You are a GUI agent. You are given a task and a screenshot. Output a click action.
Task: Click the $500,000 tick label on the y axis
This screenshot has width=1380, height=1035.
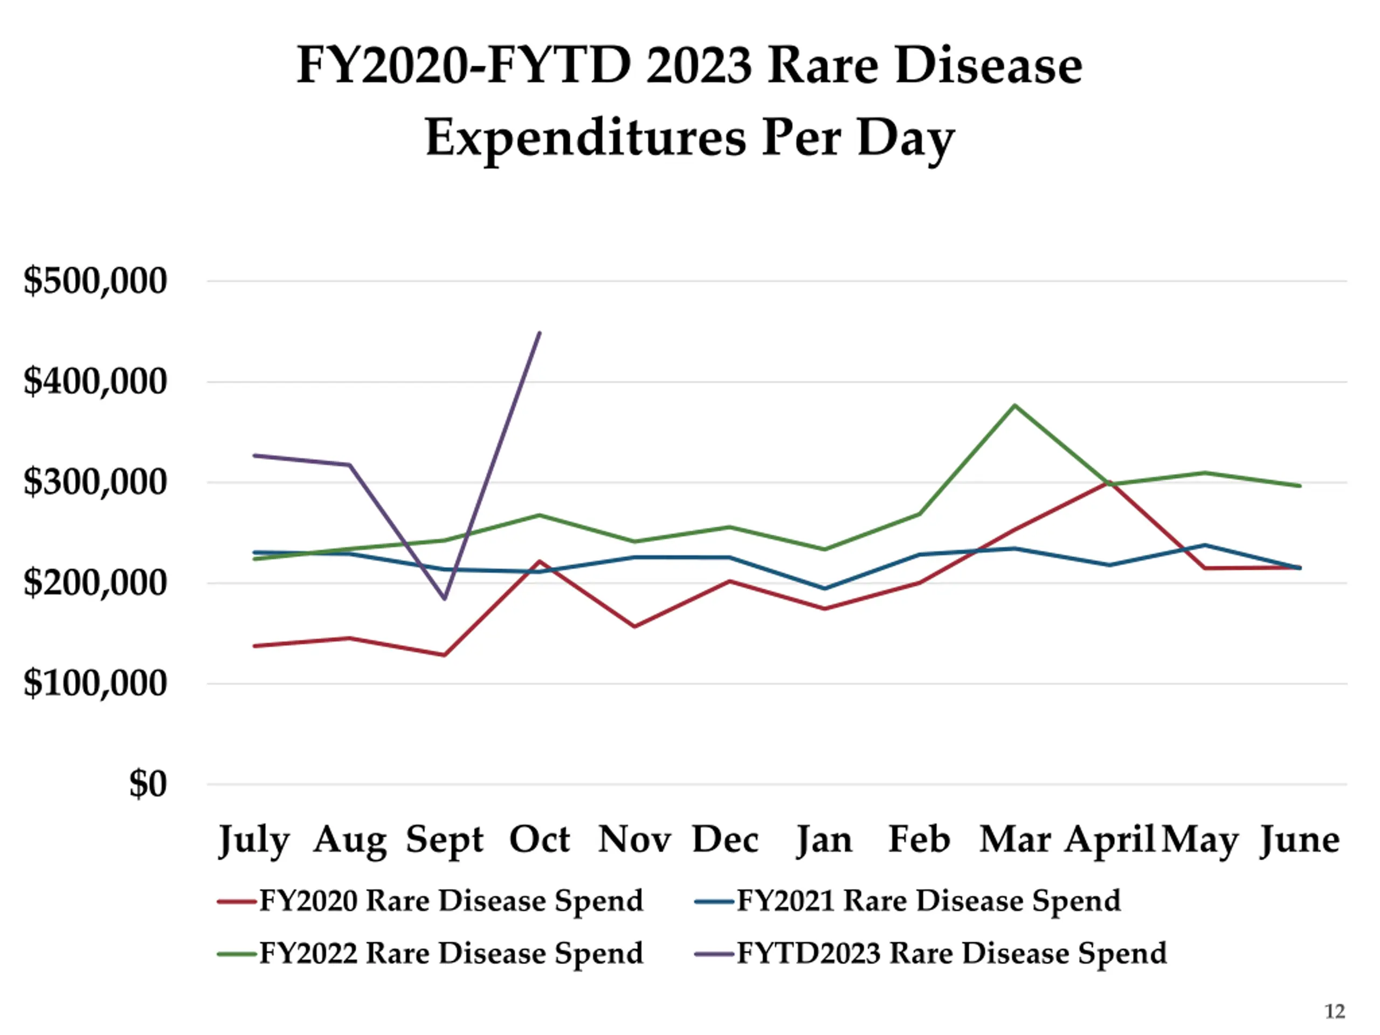tap(95, 281)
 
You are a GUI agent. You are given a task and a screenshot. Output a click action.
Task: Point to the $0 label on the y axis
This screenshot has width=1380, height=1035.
tap(148, 784)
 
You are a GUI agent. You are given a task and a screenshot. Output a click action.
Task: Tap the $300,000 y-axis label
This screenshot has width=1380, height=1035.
tap(95, 482)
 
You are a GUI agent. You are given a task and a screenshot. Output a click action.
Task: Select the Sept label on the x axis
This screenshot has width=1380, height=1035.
tap(444, 840)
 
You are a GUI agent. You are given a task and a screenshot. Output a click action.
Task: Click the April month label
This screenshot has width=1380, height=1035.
tap(1109, 840)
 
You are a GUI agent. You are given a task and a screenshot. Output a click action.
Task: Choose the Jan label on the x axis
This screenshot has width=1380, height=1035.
tap(824, 840)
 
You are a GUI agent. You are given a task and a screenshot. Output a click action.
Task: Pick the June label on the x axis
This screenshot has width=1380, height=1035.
tap(1300, 840)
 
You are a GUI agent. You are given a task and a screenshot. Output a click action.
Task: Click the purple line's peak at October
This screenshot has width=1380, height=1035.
tap(540, 333)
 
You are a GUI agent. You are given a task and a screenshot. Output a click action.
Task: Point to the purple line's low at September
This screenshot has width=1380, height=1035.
tap(444, 598)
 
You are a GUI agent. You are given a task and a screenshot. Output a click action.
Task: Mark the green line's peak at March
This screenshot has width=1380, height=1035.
tap(1015, 405)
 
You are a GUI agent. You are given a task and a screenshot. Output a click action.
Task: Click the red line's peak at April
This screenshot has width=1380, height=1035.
tap(1110, 481)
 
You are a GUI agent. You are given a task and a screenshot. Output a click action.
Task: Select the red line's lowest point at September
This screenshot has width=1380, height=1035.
tap(444, 655)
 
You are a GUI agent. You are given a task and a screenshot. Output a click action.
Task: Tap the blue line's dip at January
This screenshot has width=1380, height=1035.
tap(825, 588)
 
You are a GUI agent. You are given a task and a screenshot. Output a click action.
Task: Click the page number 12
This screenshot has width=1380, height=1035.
tap(1335, 1011)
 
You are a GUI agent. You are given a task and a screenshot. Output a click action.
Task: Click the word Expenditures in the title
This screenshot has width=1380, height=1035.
tap(585, 138)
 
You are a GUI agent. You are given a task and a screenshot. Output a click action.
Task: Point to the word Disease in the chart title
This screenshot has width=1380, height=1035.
tap(989, 66)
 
